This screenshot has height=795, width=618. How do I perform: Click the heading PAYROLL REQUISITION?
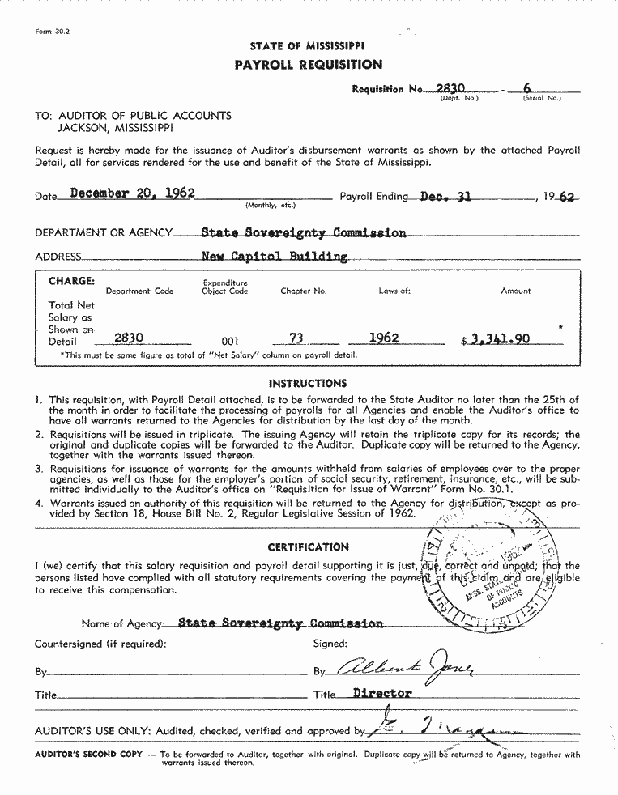tap(308, 65)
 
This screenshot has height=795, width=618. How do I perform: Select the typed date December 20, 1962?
tap(133, 193)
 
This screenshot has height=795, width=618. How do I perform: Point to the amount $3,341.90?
tap(496, 339)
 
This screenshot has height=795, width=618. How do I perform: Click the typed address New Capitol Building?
tap(275, 257)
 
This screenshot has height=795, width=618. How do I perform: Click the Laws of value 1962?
tap(384, 338)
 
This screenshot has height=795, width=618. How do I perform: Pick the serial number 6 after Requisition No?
tap(526, 88)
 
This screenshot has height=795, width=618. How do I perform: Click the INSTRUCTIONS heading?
tap(308, 383)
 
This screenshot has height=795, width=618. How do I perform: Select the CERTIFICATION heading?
tap(308, 547)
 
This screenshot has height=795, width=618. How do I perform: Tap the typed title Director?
tap(382, 693)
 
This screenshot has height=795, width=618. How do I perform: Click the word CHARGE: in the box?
tap(72, 281)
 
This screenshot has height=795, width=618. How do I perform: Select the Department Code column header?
tap(139, 291)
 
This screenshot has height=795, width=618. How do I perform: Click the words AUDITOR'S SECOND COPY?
tap(86, 755)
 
